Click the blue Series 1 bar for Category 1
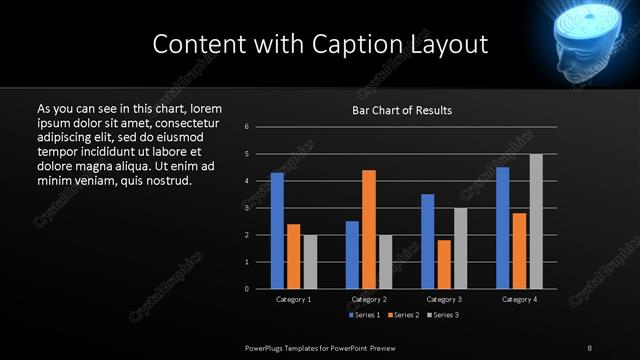[x=277, y=230]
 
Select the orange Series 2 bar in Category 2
[x=369, y=229]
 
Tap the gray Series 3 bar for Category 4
[x=536, y=221]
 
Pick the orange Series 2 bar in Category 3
[x=444, y=264]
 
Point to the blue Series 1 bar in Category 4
[x=503, y=228]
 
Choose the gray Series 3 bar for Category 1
[x=310, y=261]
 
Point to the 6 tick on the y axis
[x=247, y=127]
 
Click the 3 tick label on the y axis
[x=247, y=208]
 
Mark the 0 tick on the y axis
[x=247, y=289]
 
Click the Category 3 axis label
[x=444, y=299]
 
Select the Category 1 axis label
[x=293, y=299]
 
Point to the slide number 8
[x=590, y=347]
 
